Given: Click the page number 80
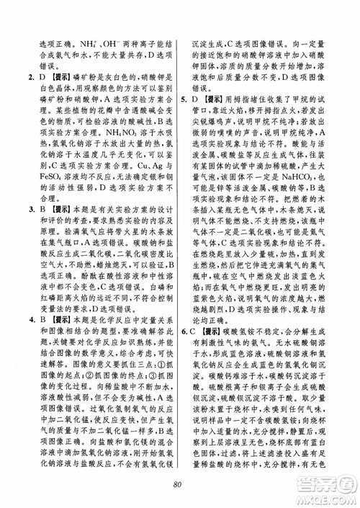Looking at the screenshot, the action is [x=179, y=484].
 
